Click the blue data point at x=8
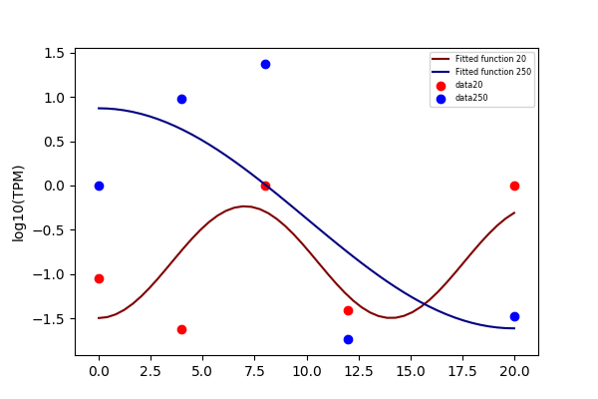(x=265, y=64)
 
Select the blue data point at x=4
(x=182, y=100)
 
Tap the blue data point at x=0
(x=99, y=186)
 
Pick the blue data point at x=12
(x=348, y=339)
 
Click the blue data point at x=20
(x=514, y=316)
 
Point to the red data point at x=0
(x=99, y=278)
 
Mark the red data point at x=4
(x=182, y=329)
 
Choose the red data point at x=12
(x=348, y=311)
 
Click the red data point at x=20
(x=514, y=186)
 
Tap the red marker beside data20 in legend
(x=441, y=86)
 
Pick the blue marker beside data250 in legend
(x=441, y=100)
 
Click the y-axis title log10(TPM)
(x=18, y=203)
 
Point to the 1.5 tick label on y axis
(x=54, y=54)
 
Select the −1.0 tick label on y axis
(x=49, y=274)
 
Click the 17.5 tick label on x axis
(x=462, y=371)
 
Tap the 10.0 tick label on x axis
(x=307, y=371)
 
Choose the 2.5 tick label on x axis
(x=150, y=371)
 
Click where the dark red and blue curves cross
(x=424, y=304)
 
